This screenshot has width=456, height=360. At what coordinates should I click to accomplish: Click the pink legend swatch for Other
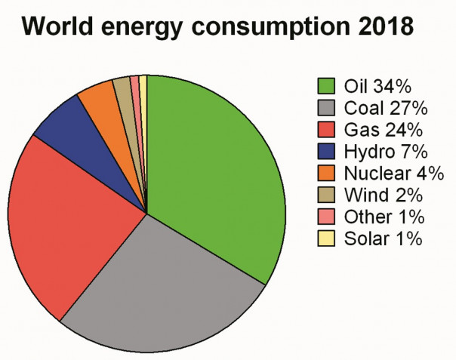pyautogui.click(x=326, y=217)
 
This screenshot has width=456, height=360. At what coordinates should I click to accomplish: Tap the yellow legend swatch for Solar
pyautogui.click(x=326, y=239)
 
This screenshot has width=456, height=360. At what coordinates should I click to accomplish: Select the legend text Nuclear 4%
pyautogui.click(x=393, y=173)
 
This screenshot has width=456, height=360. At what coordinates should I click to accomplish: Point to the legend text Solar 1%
pyautogui.click(x=384, y=240)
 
